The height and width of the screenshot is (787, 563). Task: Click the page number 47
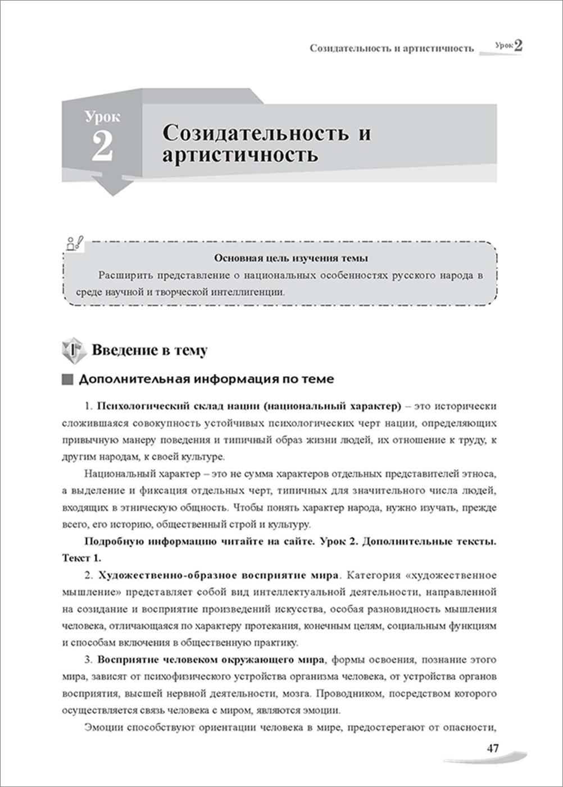click(493, 748)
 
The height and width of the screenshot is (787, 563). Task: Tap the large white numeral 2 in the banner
click(102, 147)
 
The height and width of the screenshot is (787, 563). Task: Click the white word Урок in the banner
click(102, 117)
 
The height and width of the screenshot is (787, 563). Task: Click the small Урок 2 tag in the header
click(509, 45)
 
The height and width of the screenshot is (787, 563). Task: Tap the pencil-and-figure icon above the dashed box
click(75, 242)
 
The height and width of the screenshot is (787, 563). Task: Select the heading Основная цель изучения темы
click(291, 258)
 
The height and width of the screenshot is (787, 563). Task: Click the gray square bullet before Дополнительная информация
click(67, 379)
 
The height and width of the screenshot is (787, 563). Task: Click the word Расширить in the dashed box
click(125, 276)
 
